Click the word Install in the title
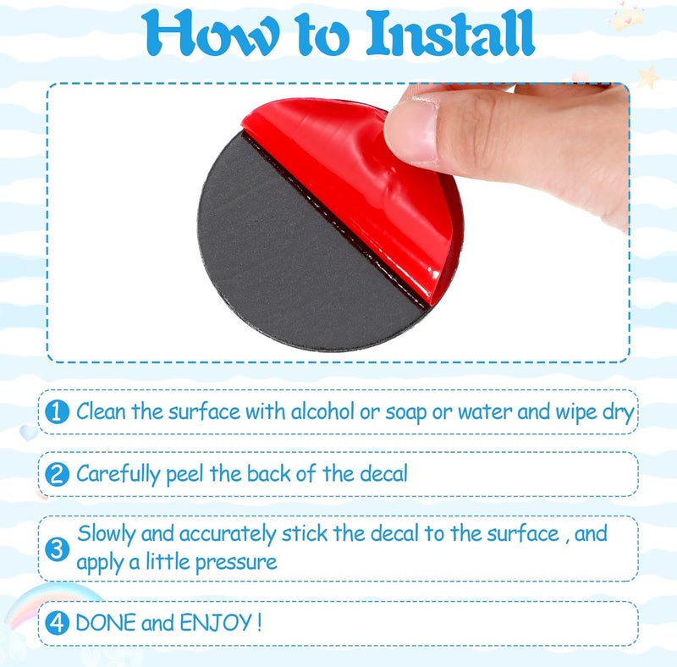451,33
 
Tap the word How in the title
210,34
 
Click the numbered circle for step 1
57,411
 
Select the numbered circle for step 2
57,474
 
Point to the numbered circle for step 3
57,549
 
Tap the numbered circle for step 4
57,622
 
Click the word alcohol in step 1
322,411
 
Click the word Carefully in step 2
118,474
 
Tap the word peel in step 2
184,475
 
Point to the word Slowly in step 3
107,535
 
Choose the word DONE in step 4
106,622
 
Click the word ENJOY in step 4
216,622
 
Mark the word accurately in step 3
228,535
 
